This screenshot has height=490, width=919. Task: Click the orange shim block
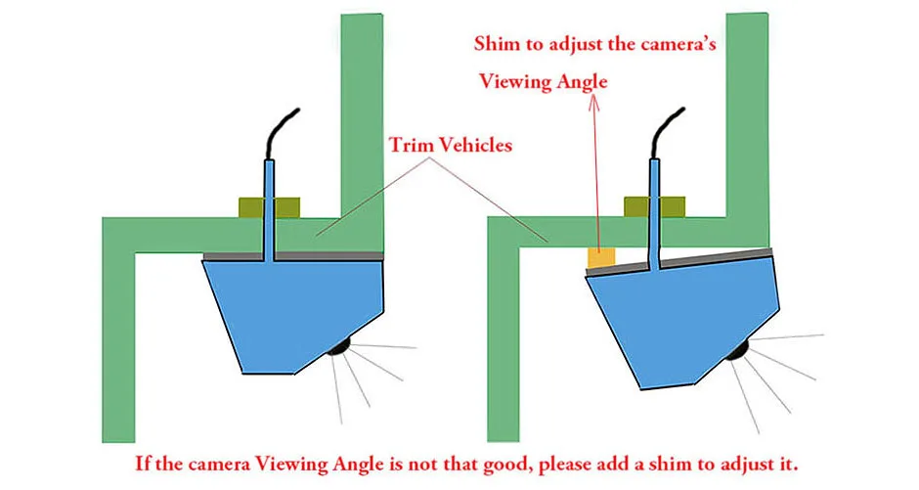point(600,258)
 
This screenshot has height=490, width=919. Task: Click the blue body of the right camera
point(684,313)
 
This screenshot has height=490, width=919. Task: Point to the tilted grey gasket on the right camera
point(704,260)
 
